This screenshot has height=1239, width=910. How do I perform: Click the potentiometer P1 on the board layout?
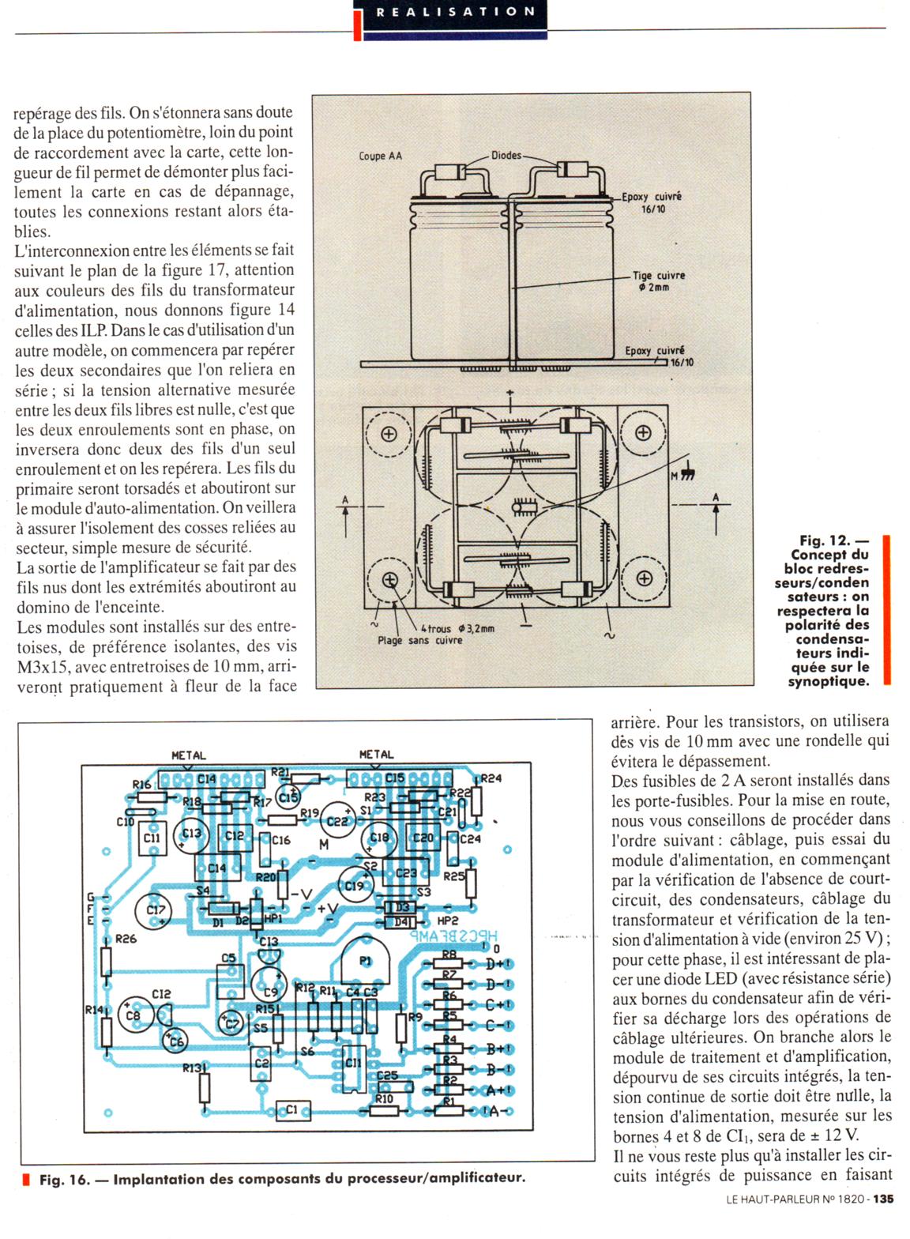[x=365, y=961]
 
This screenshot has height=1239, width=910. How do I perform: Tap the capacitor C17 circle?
[x=155, y=911]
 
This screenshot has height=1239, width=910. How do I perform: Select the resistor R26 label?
[x=126, y=939]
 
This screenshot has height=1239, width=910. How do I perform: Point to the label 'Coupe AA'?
[x=380, y=156]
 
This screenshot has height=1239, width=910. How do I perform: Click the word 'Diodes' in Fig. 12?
[x=506, y=155]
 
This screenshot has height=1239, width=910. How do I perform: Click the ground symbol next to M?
[x=687, y=474]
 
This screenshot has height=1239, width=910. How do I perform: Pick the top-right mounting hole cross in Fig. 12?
[x=643, y=432]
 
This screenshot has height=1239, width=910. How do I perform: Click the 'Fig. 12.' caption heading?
[x=824, y=540]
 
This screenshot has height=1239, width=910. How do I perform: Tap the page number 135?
[x=883, y=1199]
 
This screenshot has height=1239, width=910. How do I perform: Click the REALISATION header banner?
[x=455, y=12]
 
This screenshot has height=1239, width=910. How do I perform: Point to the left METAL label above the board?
[x=188, y=755]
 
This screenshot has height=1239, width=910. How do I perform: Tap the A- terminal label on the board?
[x=498, y=1111]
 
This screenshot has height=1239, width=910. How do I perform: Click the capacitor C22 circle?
[x=337, y=822]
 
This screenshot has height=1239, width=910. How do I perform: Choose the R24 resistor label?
[x=491, y=778]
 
